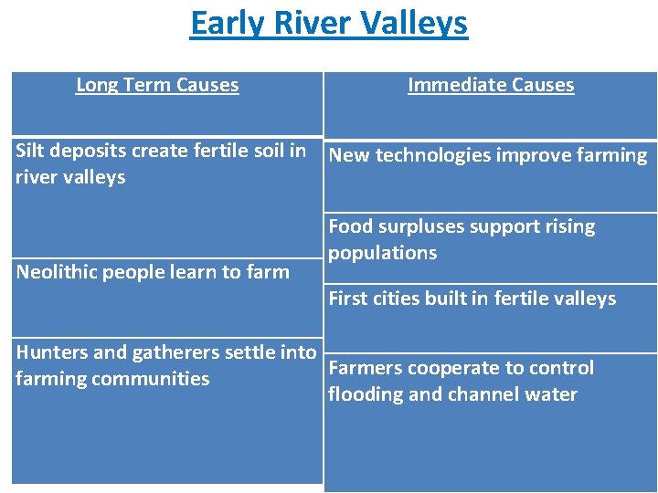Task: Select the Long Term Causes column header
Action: click(x=157, y=85)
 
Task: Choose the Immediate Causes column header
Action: click(x=491, y=85)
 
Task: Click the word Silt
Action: click(x=31, y=151)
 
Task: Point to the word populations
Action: click(x=382, y=253)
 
